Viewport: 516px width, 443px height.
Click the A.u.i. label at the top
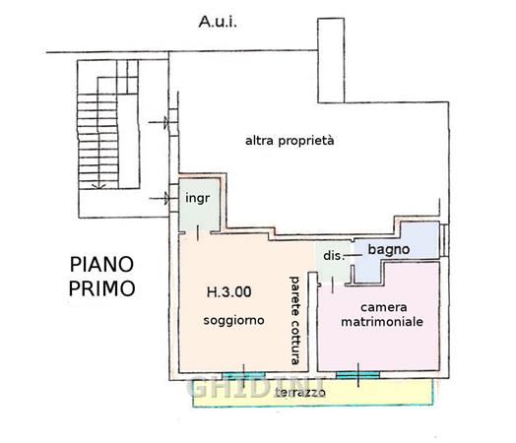(218, 22)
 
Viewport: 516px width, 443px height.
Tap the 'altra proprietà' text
(290, 141)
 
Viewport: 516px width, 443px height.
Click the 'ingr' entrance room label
(198, 198)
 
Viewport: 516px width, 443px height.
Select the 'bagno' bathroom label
(389, 250)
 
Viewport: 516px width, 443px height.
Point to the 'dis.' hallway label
(334, 256)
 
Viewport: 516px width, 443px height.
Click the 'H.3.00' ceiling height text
(228, 292)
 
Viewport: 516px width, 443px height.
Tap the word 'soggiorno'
(233, 320)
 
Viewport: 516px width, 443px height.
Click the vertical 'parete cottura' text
(294, 320)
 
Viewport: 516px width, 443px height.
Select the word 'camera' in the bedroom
(384, 307)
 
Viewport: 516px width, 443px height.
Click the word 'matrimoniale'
(382, 322)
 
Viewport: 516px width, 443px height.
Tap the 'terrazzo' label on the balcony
(300, 392)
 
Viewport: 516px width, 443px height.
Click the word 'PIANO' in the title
(102, 265)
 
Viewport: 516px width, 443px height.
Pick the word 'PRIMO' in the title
(102, 288)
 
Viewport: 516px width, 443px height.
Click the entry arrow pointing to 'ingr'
(160, 198)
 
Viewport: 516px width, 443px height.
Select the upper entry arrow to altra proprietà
(159, 122)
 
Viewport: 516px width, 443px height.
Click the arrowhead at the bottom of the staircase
(98, 186)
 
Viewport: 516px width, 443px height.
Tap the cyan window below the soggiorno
(243, 375)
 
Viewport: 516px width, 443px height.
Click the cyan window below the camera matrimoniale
(357, 375)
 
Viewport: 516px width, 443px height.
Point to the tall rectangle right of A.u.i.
(331, 60)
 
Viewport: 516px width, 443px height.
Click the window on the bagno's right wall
(443, 240)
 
